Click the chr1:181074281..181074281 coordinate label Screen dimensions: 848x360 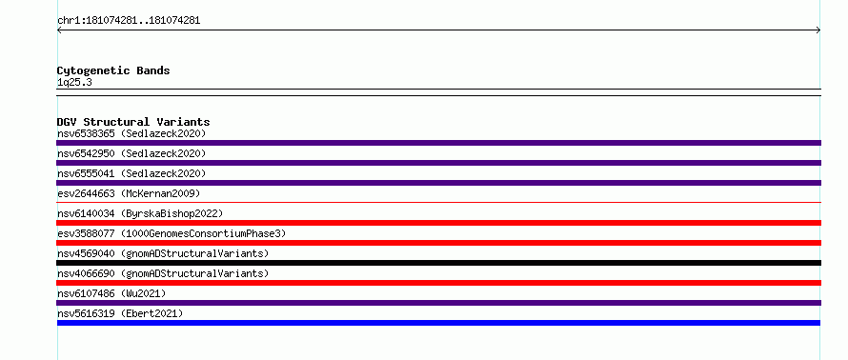[x=129, y=21]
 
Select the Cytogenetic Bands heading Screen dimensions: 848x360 [x=113, y=70]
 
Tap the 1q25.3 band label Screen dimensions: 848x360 [x=74, y=82]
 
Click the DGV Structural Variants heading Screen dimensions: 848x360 [x=133, y=122]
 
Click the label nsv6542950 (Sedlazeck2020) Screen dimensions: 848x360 [x=131, y=153]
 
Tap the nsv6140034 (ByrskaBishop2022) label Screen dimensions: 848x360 [x=140, y=213]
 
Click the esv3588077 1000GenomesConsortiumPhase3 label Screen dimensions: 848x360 [x=172, y=233]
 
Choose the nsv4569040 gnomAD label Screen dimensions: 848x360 [x=163, y=253]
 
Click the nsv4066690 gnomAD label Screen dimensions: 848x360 [x=163, y=273]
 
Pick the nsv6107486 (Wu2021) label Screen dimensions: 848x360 [x=111, y=293]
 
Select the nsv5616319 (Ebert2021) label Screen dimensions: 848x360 [x=120, y=313]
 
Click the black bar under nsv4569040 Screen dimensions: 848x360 [x=438, y=263]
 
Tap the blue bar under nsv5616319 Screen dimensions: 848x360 [x=438, y=323]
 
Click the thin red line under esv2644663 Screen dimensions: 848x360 [x=438, y=202]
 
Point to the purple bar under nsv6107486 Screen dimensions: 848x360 [x=438, y=303]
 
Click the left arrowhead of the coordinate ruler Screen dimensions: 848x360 [x=58, y=30]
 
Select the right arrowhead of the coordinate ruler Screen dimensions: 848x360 [x=819, y=30]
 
